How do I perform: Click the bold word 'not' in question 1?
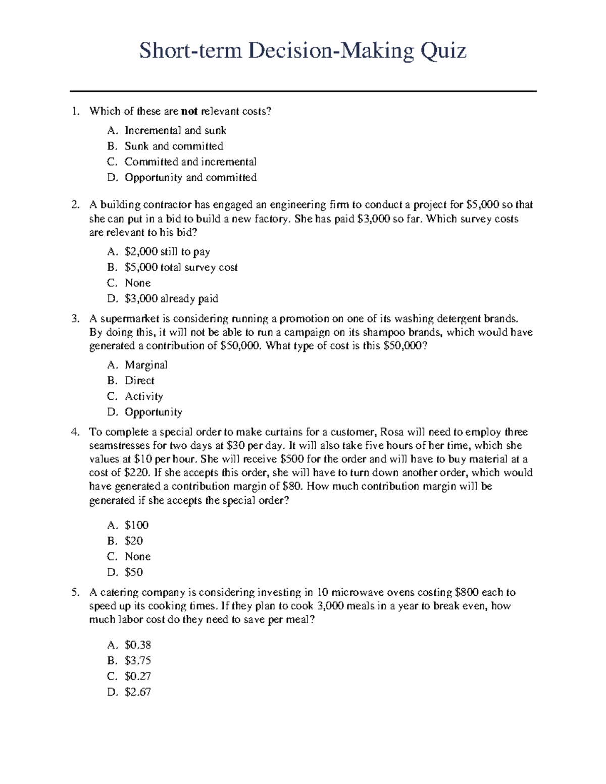189,111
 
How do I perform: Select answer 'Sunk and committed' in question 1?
174,146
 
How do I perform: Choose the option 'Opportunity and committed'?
190,177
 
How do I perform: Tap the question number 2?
75,204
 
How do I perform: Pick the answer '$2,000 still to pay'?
167,251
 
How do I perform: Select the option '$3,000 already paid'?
171,298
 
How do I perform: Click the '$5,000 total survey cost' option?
181,267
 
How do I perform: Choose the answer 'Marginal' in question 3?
146,364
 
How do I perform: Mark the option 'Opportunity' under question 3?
153,412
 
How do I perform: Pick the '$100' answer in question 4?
136,525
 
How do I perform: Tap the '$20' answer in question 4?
134,540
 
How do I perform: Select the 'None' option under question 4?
137,556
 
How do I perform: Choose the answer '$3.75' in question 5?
137,660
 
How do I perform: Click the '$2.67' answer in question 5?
137,692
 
